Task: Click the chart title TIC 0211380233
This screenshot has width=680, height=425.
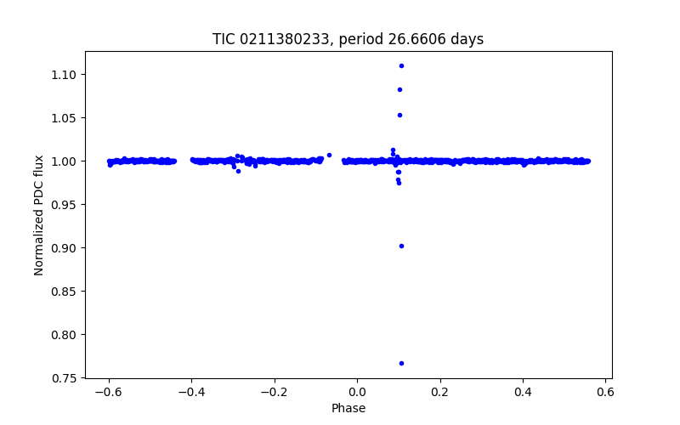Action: [348, 39]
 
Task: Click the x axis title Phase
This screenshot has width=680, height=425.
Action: [348, 408]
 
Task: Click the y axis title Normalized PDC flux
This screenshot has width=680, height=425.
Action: [39, 214]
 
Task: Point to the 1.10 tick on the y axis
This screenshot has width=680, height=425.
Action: [69, 75]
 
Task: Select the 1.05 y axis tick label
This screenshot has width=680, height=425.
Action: [69, 118]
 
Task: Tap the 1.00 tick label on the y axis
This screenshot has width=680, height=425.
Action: [69, 161]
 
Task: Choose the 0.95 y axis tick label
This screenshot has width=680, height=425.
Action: [69, 205]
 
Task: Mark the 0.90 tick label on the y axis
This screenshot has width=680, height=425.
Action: [69, 248]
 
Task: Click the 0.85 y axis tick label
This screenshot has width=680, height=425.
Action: [69, 292]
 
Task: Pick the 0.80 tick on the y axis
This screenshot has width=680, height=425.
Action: [69, 335]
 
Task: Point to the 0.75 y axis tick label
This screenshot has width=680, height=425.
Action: [69, 378]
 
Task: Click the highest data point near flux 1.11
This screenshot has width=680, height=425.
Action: [401, 65]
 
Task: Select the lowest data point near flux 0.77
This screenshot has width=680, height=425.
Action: [401, 363]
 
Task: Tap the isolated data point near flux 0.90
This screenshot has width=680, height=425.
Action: [401, 246]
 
